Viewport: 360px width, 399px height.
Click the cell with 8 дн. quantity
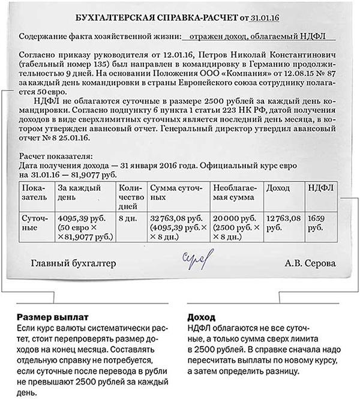[x=129, y=218]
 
